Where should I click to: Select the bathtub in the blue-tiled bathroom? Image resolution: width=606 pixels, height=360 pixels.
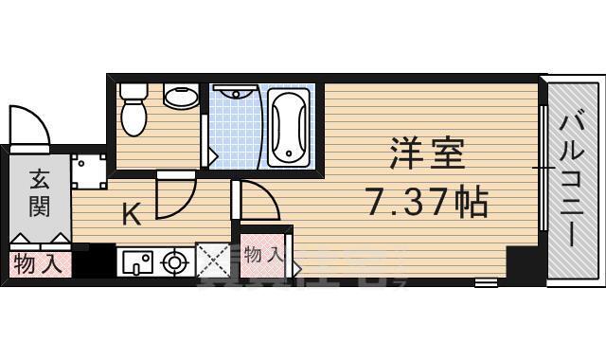[289, 128]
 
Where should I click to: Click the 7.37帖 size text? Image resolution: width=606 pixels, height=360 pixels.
[426, 201]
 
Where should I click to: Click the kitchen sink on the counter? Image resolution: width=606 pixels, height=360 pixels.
[137, 261]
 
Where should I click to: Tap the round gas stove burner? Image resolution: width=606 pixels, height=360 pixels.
[175, 261]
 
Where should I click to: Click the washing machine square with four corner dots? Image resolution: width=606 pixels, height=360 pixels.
[90, 172]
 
